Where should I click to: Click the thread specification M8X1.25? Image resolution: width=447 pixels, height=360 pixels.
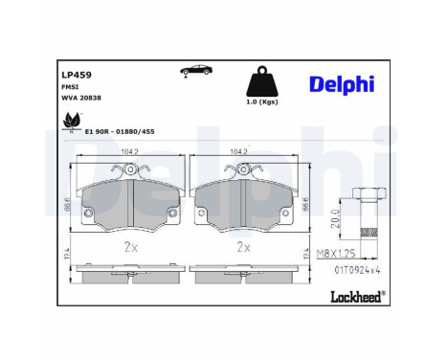[336, 255]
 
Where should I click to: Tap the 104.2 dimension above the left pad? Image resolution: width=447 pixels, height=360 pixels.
[127, 151]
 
